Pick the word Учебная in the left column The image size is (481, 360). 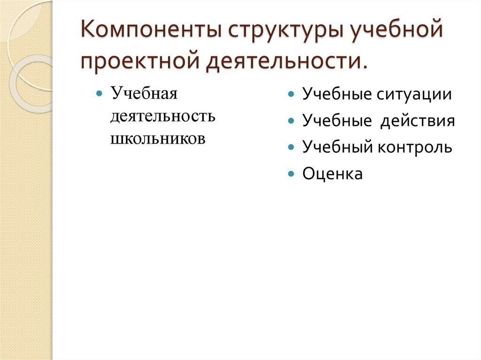click(x=144, y=93)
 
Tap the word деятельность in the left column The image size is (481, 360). click(x=163, y=115)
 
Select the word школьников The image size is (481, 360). click(x=158, y=138)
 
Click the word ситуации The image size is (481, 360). click(x=414, y=94)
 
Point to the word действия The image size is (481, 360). click(x=418, y=121)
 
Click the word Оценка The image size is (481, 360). click(x=333, y=174)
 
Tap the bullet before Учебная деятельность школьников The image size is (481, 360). click(x=100, y=93)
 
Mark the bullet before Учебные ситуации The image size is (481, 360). click(x=292, y=94)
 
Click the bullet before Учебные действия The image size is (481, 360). click(x=292, y=121)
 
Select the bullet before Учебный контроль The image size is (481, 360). click(x=292, y=147)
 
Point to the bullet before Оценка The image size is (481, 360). click(x=292, y=174)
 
